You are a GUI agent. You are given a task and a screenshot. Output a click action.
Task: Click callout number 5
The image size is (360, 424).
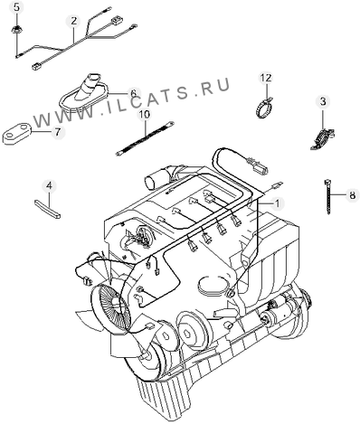17,7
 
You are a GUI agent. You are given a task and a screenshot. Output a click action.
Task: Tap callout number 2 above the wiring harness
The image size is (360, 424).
74,21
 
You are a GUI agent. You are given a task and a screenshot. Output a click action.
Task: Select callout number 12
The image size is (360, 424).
266,78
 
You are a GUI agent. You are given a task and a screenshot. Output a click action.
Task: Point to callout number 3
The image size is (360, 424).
323,101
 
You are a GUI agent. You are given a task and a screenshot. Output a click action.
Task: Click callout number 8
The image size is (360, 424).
353,195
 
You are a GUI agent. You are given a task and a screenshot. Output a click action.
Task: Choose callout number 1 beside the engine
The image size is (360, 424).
277,203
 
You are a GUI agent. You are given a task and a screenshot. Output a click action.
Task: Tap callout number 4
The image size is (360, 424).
49,186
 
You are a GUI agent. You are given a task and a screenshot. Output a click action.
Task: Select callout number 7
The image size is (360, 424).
57,132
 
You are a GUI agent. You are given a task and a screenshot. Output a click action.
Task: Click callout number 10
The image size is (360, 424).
145,115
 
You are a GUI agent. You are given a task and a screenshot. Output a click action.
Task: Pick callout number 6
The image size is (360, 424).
133,92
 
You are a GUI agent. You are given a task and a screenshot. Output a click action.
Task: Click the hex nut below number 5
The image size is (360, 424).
17,30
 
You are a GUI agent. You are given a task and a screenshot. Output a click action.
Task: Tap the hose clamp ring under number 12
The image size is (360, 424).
263,108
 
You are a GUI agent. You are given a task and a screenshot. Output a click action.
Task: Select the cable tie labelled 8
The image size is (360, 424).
327,196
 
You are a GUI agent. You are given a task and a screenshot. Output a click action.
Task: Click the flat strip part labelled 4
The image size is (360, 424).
48,209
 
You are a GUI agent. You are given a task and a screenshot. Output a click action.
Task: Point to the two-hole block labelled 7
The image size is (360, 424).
17,134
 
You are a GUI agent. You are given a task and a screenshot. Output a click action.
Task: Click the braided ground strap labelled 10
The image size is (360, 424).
144,138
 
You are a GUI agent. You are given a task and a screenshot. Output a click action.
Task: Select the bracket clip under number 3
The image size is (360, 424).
322,138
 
